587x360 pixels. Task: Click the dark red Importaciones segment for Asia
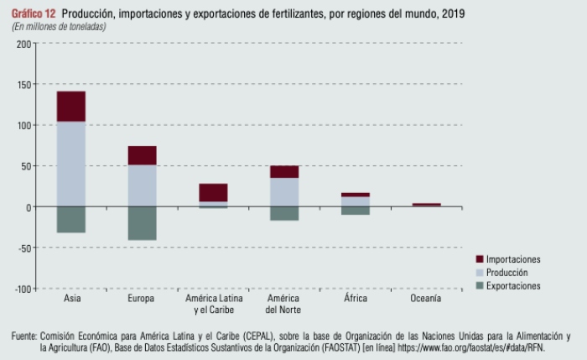(x=71, y=106)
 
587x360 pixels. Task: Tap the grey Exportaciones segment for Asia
(x=71, y=219)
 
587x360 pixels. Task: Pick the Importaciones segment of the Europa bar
(x=142, y=155)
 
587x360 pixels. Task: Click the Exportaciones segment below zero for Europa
(x=142, y=223)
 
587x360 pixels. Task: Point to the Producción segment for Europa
(x=142, y=185)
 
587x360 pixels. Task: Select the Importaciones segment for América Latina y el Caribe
(x=213, y=192)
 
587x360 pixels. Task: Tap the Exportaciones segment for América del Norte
(x=284, y=213)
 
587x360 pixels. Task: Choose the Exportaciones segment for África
(x=356, y=211)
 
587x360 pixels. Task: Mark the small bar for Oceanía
(x=426, y=205)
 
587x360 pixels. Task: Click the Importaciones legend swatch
(x=480, y=259)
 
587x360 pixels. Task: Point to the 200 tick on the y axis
(x=23, y=44)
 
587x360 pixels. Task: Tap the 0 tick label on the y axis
(x=27, y=207)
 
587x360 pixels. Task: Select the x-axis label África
(x=356, y=299)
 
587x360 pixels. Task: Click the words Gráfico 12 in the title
(x=34, y=14)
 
